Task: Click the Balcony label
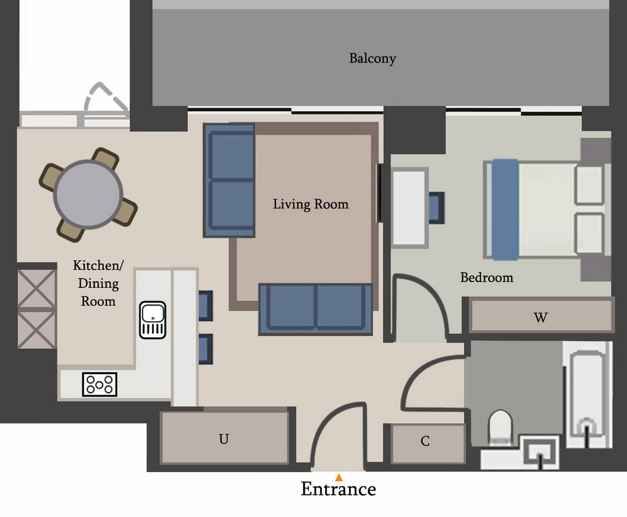coord(372,59)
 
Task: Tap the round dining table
coord(88,195)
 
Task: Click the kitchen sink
coord(152,320)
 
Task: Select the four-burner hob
coord(100,384)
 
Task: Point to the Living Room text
coord(310,205)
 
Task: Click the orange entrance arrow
coord(339,477)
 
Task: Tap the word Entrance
coord(338,489)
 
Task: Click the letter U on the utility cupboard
coord(224,439)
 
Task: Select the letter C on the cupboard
coord(425,441)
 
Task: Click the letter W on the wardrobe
coord(540,318)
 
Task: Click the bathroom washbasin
coord(541,452)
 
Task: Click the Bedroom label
coord(487,277)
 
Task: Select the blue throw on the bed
coord(505,209)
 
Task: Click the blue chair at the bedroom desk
coord(436,207)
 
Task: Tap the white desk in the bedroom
coord(409,207)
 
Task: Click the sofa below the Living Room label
coord(315,309)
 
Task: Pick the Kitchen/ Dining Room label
coord(98,283)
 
